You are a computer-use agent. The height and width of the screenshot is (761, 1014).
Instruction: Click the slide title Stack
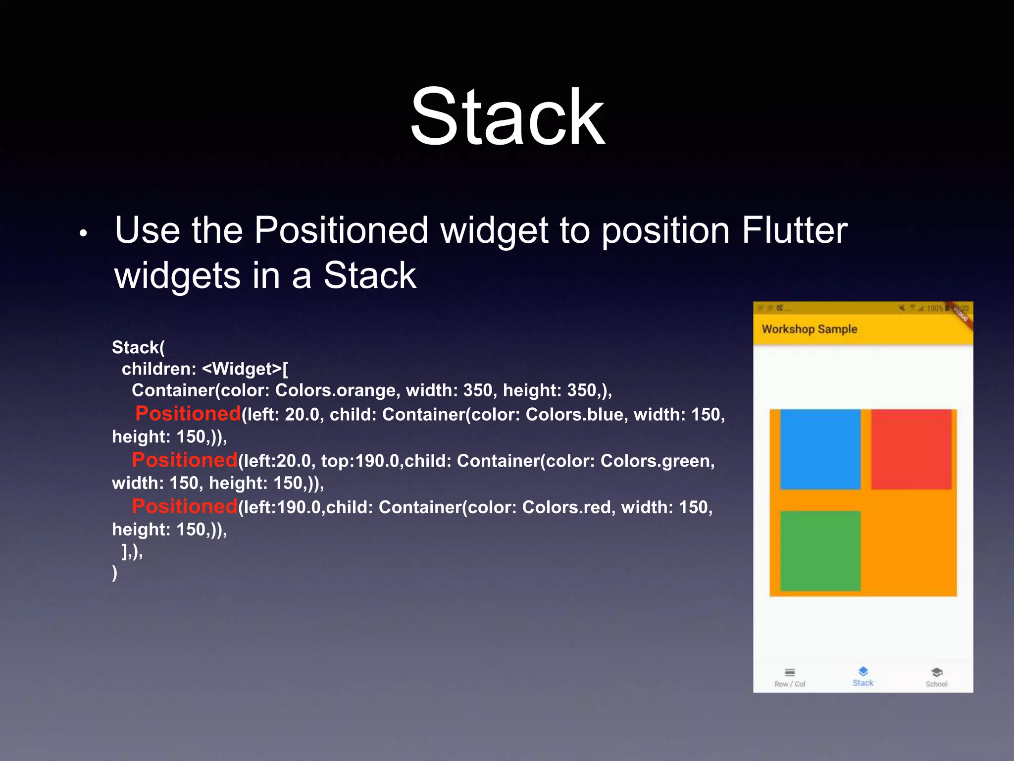pyautogui.click(x=507, y=117)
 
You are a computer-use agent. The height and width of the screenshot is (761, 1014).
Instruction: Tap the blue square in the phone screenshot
pyautogui.click(x=820, y=449)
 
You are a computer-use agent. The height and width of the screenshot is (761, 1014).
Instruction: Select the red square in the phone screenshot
pyautogui.click(x=911, y=449)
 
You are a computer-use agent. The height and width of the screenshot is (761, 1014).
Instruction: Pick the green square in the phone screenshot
pyautogui.click(x=820, y=550)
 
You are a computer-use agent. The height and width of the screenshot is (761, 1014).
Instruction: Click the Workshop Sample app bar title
pyautogui.click(x=809, y=329)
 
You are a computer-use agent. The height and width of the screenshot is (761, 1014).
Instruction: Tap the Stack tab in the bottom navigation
pyautogui.click(x=862, y=677)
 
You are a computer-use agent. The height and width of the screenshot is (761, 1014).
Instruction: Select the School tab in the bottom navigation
pyautogui.click(x=936, y=677)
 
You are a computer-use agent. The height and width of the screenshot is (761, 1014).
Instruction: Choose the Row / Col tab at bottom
pyautogui.click(x=790, y=677)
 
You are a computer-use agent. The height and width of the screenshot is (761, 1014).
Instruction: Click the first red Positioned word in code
pyautogui.click(x=188, y=414)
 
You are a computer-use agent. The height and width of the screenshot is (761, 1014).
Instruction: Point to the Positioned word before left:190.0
pyautogui.click(x=184, y=506)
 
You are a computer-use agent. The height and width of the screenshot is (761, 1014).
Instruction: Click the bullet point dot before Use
pyautogui.click(x=83, y=233)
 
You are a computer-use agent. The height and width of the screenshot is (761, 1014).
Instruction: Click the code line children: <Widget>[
pyautogui.click(x=204, y=369)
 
